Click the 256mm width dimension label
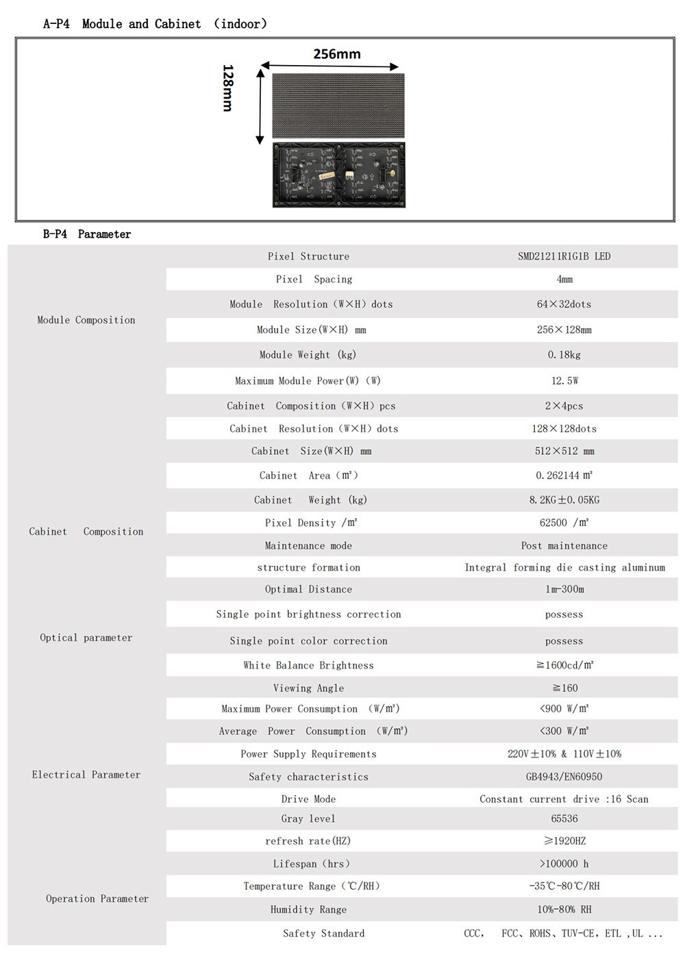[336, 54]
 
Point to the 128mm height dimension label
[228, 88]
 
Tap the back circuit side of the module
[338, 174]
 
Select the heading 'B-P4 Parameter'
[87, 234]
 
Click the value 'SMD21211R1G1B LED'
[564, 256]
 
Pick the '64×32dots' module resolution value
[564, 304]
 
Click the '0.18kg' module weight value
[564, 355]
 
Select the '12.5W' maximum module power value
[564, 381]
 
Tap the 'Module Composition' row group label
[86, 320]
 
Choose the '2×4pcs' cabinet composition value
[564, 406]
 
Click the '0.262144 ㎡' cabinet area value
[564, 475]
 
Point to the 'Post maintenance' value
[564, 546]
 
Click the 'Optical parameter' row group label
[86, 638]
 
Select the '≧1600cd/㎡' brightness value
[564, 665]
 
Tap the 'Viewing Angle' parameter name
[308, 688]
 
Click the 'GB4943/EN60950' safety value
[564, 777]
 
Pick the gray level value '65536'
[564, 819]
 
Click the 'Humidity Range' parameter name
[308, 910]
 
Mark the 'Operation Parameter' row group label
[97, 899]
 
